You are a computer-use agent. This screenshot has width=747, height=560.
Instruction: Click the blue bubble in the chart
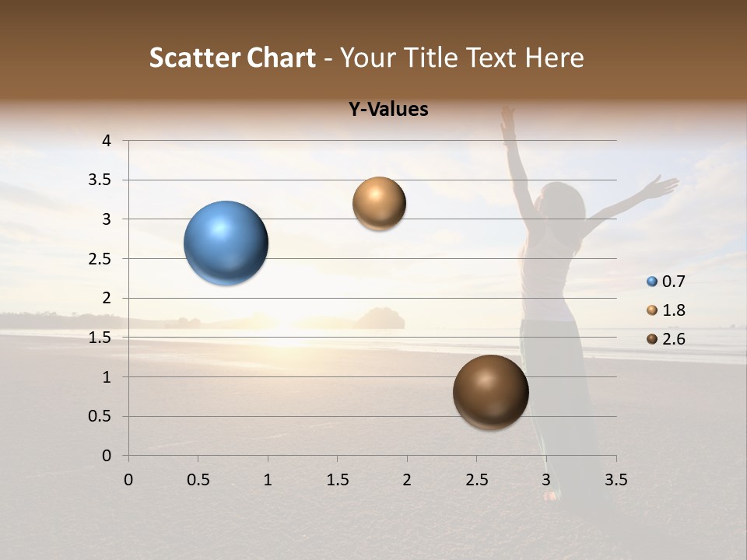pyautogui.click(x=226, y=243)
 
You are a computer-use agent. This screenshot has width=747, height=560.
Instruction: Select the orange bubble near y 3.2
pyautogui.click(x=379, y=203)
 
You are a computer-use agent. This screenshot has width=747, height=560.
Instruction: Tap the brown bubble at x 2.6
pyautogui.click(x=490, y=392)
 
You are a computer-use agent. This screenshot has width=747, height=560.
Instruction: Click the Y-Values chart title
pyautogui.click(x=388, y=110)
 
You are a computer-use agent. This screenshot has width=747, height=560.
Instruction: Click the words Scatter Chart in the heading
pyautogui.click(x=233, y=58)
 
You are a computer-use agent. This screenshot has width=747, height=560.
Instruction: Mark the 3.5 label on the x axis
pyautogui.click(x=615, y=480)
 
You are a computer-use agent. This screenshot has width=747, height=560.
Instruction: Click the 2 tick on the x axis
pyautogui.click(x=407, y=480)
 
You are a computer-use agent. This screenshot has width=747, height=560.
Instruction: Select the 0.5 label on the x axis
pyautogui.click(x=198, y=480)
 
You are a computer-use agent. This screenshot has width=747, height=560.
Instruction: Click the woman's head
pyautogui.click(x=566, y=204)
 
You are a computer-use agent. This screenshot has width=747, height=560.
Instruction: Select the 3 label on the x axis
pyautogui.click(x=546, y=480)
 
